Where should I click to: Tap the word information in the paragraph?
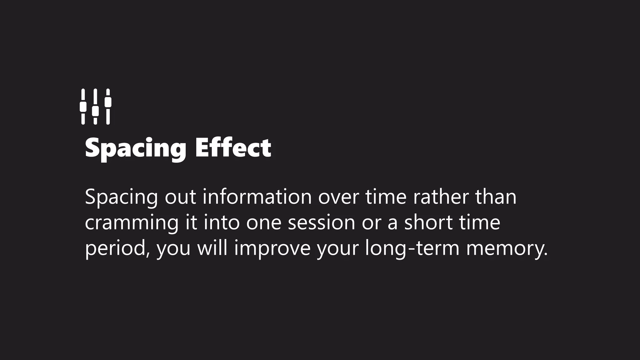click(257, 197)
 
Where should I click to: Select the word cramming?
click(132, 223)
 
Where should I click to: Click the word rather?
click(441, 197)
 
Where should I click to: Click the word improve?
click(272, 249)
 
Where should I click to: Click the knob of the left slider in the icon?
click(83, 107)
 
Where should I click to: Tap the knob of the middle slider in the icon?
click(95, 111)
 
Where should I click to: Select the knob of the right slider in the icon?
click(108, 102)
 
